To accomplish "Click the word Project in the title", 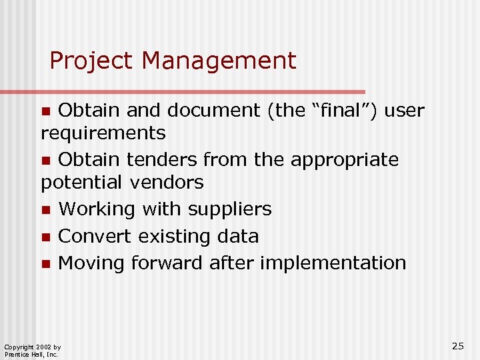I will click(91, 61).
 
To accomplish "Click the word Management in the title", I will click(219, 61).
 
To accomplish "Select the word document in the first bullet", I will click(214, 110).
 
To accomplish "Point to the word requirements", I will click(103, 133).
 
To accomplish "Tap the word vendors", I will click(167, 181).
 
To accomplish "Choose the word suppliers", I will click(230, 209).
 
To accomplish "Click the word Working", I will click(100, 209).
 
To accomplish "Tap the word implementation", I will click(333, 263).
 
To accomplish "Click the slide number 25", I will click(458, 345).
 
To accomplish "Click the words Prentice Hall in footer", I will click(22, 354).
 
